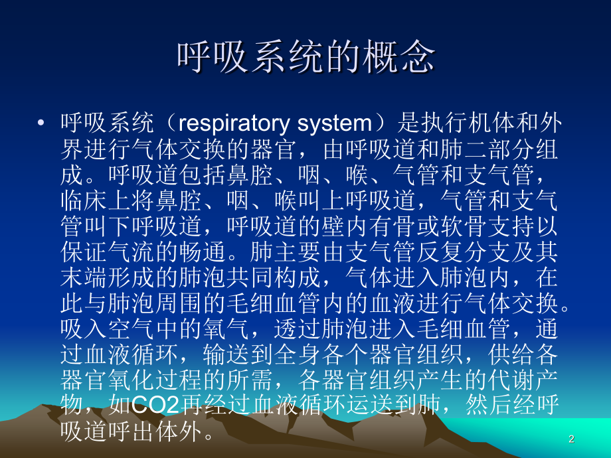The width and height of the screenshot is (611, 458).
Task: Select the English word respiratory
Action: (230, 123)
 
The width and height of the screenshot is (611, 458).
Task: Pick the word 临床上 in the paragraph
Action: (94, 199)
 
